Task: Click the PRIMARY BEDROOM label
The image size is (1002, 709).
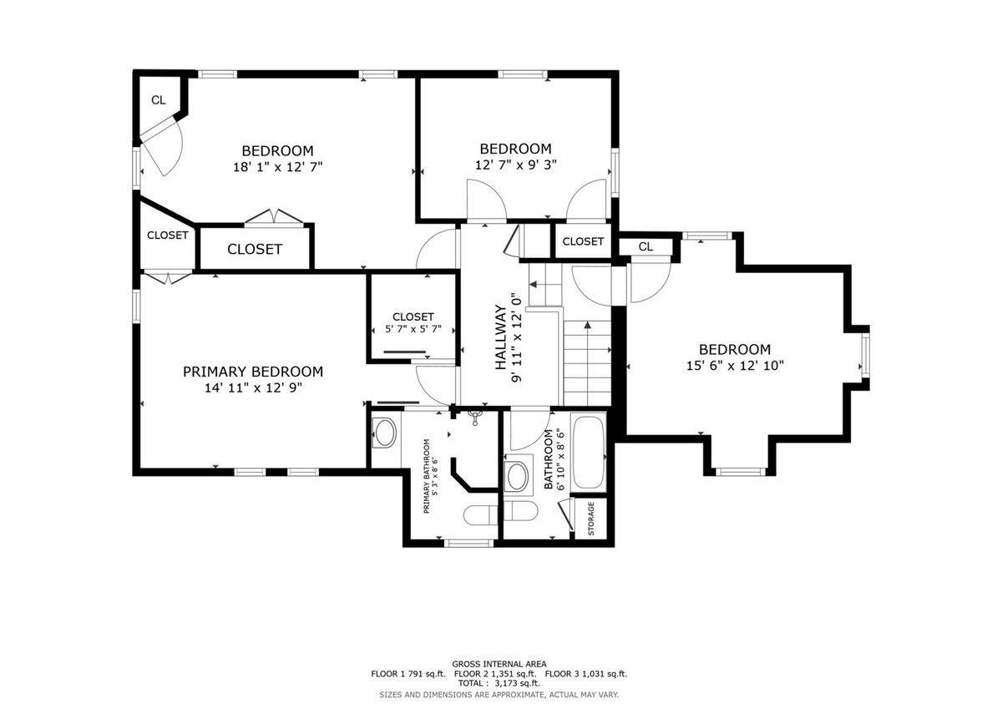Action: (x=253, y=372)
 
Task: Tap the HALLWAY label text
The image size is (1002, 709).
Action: (x=500, y=337)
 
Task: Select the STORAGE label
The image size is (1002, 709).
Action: (x=591, y=519)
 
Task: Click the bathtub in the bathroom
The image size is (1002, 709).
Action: (x=588, y=453)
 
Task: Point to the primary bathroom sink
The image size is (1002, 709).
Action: (x=384, y=433)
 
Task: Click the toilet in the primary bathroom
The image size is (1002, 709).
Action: (x=480, y=515)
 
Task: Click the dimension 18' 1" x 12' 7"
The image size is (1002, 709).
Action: (x=278, y=167)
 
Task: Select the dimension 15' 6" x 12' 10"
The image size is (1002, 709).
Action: (x=735, y=366)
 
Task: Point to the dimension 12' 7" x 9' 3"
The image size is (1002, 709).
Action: (x=516, y=165)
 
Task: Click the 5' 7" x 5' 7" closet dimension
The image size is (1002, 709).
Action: (x=413, y=329)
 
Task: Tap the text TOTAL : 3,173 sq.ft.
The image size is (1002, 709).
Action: (x=498, y=683)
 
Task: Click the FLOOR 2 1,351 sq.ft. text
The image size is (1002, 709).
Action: (x=495, y=674)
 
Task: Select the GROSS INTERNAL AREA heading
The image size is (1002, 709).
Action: (x=499, y=664)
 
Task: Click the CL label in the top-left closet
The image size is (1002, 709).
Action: (x=159, y=100)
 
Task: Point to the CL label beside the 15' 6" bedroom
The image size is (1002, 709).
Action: (x=645, y=246)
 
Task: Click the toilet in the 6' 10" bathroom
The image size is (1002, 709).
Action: (x=520, y=511)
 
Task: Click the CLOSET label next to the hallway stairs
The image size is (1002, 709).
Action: (x=583, y=241)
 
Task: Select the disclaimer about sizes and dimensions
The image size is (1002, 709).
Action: (x=498, y=695)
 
